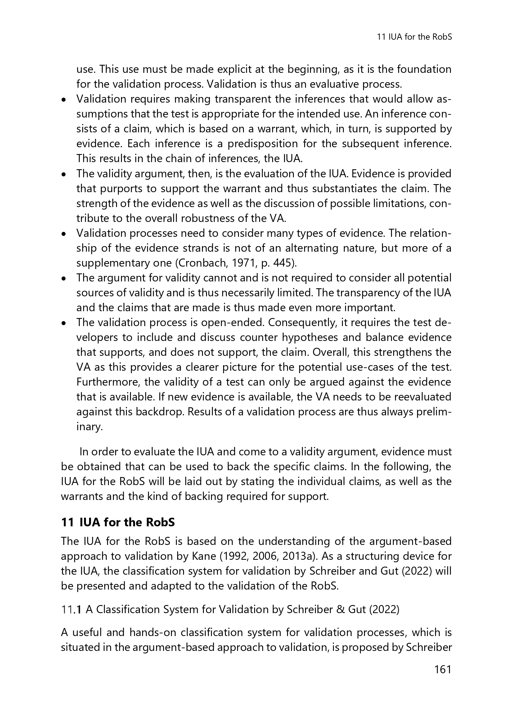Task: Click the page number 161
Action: [x=443, y=670]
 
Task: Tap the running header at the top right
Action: [x=415, y=37]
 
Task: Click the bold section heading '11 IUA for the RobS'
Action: [x=118, y=522]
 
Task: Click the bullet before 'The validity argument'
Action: [x=64, y=174]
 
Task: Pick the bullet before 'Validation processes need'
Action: [x=64, y=234]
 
